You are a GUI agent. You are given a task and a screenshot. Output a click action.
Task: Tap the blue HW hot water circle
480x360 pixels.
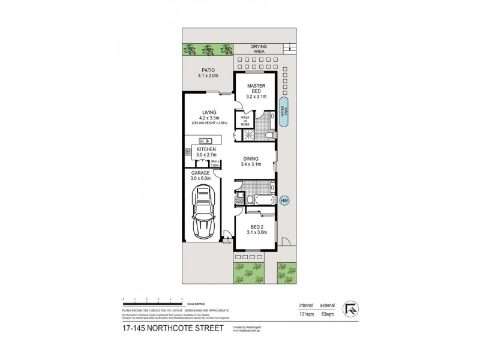285,200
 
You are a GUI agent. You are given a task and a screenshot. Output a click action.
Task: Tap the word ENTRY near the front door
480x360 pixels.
227,242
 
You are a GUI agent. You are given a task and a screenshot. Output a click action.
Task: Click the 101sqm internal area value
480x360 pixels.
307,314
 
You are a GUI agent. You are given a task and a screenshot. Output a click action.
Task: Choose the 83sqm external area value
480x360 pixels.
328,314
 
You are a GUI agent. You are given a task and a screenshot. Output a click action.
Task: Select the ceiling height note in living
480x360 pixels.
206,122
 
